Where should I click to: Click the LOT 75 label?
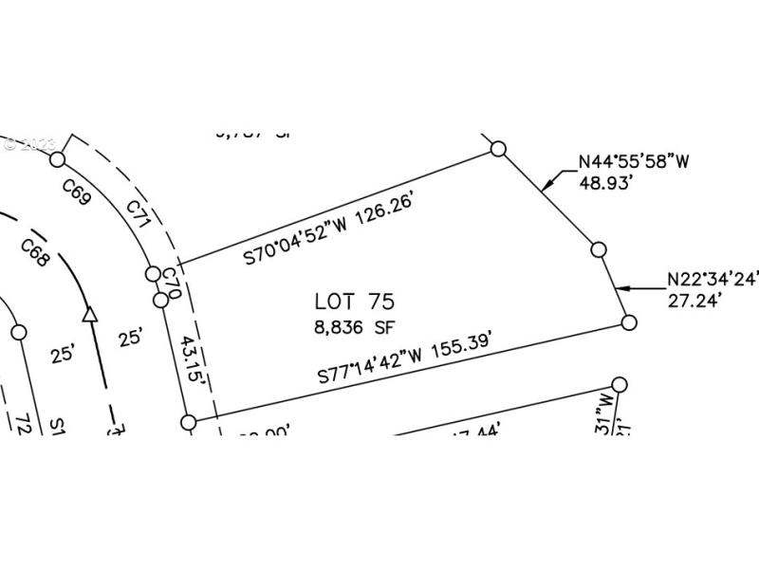coord(354,302)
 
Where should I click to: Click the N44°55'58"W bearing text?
coord(633,162)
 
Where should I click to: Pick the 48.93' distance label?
coord(606,181)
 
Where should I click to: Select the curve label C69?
coord(77,193)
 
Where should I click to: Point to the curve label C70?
coord(172,282)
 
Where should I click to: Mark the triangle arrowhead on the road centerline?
coord(91,313)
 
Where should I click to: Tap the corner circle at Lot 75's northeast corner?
coord(498,148)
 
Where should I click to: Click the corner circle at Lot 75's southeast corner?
coord(629,322)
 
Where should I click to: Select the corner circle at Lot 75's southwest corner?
coord(188,422)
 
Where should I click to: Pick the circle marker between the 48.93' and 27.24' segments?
coord(598,249)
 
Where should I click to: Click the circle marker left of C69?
coord(57,159)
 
